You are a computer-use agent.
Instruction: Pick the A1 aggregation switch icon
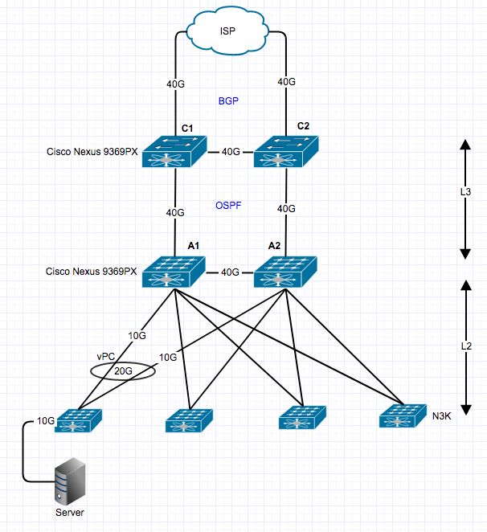pyautogui.click(x=174, y=272)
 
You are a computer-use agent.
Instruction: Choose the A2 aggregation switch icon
pyautogui.click(x=286, y=272)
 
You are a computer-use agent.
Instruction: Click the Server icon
pyautogui.click(x=69, y=482)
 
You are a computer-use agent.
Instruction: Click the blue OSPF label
pyautogui.click(x=229, y=206)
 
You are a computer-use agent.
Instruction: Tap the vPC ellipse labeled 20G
pyautogui.click(x=123, y=372)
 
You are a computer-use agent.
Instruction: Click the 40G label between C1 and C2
pyautogui.click(x=231, y=152)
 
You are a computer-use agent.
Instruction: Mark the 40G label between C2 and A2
pyautogui.click(x=286, y=208)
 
